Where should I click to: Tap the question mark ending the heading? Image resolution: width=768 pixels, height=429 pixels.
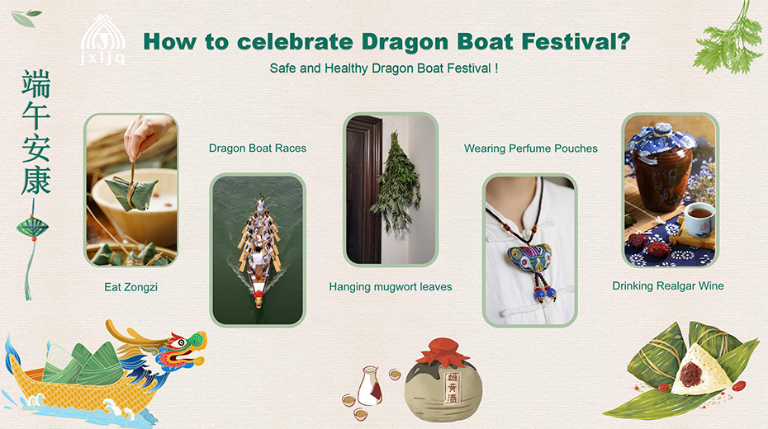pyautogui.click(x=623, y=41)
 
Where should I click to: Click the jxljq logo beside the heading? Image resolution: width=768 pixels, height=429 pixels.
pyautogui.click(x=103, y=39)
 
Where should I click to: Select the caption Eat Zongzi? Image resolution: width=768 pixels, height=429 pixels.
pyautogui.click(x=130, y=287)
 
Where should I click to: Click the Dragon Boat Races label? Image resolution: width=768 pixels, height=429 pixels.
pyautogui.click(x=258, y=148)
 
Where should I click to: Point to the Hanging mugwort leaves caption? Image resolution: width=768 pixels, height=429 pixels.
pyautogui.click(x=391, y=286)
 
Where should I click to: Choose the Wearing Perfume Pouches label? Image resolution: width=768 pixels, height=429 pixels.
pyautogui.click(x=531, y=148)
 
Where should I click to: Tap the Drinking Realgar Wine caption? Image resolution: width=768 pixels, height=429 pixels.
pyautogui.click(x=668, y=286)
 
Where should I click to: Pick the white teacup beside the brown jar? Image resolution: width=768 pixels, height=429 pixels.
pyautogui.click(x=698, y=218)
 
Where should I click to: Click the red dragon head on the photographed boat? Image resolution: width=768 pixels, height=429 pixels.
pyautogui.click(x=258, y=299)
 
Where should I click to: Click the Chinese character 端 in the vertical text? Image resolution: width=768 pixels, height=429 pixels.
pyautogui.click(x=36, y=85)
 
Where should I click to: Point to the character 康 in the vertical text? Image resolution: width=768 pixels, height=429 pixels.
pyautogui.click(x=36, y=180)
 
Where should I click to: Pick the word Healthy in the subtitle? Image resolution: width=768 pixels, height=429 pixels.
pyautogui.click(x=346, y=68)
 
